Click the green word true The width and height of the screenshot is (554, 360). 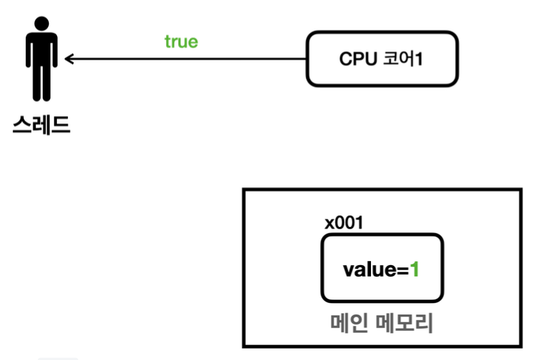point(181,41)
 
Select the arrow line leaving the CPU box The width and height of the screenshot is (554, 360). point(190,60)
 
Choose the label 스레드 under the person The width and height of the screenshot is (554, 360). point(41,125)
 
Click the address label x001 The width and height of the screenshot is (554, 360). point(343,223)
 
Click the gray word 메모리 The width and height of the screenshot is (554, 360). point(405,323)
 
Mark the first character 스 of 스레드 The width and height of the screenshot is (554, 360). point(22,125)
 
